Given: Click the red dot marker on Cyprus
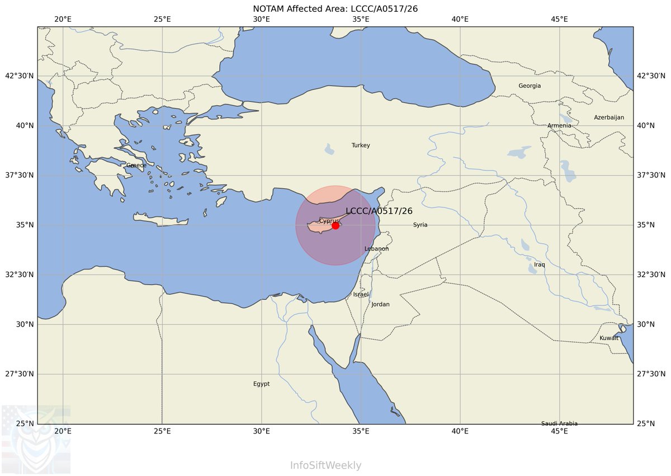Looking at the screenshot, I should [335, 225].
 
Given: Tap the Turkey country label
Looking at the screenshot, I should [361, 145].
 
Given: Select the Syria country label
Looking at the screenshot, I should [420, 225].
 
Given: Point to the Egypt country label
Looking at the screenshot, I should [261, 384].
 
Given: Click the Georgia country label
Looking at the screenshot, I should [530, 86].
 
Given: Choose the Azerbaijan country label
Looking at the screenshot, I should [609, 117].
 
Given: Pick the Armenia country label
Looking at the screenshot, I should [559, 126].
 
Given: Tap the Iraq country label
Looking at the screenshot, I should [539, 265].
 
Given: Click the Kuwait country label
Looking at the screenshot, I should [609, 338].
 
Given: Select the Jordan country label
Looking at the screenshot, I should [380, 304].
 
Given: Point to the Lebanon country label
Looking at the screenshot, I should [376, 249].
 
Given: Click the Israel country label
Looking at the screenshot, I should [361, 294].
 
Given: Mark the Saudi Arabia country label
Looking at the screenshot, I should [559, 423].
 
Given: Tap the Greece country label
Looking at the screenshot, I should [136, 166].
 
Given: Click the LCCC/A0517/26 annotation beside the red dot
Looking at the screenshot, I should [379, 211].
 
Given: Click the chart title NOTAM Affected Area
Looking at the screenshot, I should [335, 8].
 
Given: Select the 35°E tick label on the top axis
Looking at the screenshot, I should [361, 19].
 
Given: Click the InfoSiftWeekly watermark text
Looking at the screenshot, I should [325, 465].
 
